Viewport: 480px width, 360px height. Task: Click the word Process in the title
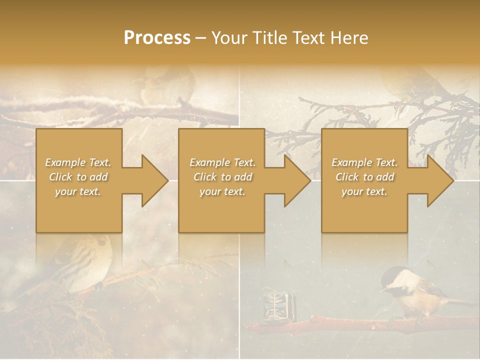[x=157, y=38]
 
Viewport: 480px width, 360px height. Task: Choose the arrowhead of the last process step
[x=440, y=180]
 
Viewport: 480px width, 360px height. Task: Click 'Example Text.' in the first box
[x=78, y=162]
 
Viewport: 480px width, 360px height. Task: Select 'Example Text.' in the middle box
[x=222, y=162]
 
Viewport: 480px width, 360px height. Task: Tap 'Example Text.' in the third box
[x=364, y=162]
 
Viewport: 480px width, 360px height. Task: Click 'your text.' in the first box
[x=78, y=191]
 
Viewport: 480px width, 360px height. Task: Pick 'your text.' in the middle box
[x=222, y=191]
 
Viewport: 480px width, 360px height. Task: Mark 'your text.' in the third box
[x=364, y=191]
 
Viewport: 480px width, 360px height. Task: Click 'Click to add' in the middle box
[x=222, y=177]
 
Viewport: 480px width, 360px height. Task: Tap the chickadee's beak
[x=382, y=289]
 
